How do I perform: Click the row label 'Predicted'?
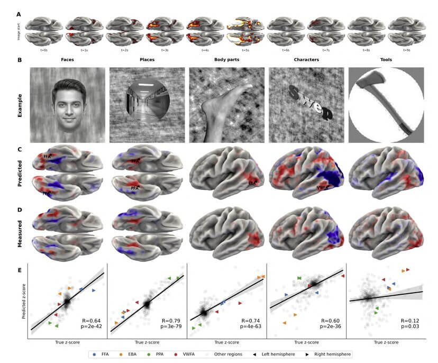[x=20, y=174]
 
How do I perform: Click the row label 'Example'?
[x=20, y=105]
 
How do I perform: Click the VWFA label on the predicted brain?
[x=321, y=187]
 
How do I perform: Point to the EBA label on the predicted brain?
[x=252, y=183]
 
